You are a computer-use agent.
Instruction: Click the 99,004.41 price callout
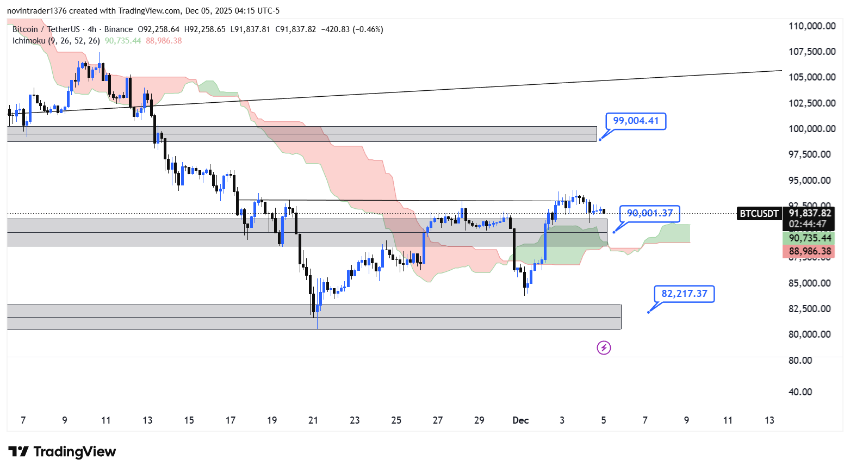[636, 121]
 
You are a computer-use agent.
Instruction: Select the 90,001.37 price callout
[649, 213]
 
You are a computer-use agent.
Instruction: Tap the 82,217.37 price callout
[684, 294]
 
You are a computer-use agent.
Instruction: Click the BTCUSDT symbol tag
[759, 214]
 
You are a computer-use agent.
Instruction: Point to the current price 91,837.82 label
[810, 213]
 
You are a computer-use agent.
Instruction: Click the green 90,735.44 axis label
[810, 238]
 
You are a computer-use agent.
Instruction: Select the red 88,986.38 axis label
[810, 251]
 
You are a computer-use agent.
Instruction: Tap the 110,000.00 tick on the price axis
[812, 26]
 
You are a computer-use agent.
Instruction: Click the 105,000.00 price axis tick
[812, 77]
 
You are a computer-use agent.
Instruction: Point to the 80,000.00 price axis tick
[810, 334]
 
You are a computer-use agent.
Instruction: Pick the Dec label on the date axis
[520, 420]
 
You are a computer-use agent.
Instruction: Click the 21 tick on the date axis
[313, 420]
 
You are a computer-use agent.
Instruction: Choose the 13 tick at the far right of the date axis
[769, 420]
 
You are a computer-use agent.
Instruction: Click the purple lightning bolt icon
[604, 347]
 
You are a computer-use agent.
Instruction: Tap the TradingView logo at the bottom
[63, 452]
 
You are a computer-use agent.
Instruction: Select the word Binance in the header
[118, 29]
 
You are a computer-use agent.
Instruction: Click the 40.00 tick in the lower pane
[800, 392]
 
